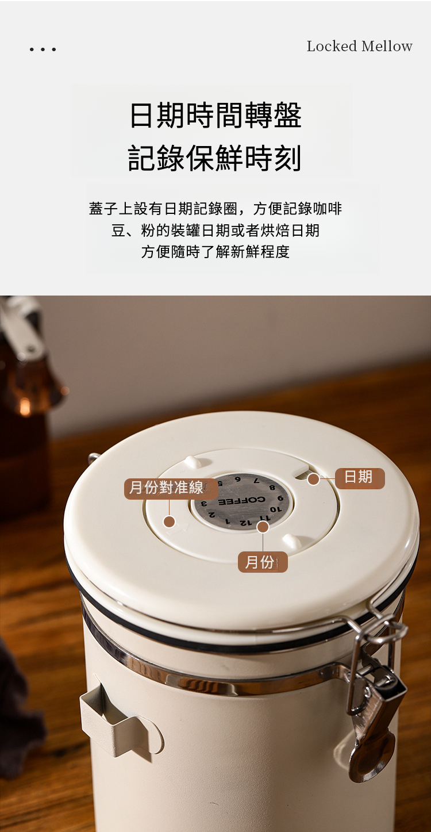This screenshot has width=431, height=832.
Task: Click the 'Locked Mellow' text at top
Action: click(x=359, y=47)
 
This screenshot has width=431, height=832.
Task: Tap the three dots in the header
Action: click(x=43, y=49)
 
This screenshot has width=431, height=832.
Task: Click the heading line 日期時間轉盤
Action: click(x=215, y=115)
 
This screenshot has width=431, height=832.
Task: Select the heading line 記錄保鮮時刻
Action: click(x=214, y=158)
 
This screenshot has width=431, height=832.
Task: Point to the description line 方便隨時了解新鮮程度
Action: click(x=215, y=251)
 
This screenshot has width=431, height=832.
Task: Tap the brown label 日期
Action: click(x=359, y=478)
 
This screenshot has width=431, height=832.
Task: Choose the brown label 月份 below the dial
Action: click(x=263, y=562)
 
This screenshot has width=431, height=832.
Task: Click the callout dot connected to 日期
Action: click(x=314, y=479)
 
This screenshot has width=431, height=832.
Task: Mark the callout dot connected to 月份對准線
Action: click(x=170, y=522)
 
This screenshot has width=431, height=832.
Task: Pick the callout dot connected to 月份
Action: click(x=263, y=527)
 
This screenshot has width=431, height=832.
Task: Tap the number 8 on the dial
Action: click(x=272, y=488)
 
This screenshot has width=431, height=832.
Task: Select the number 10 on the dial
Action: click(x=276, y=509)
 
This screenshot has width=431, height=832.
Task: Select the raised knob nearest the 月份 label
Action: click(x=292, y=541)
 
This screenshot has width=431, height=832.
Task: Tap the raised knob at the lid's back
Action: click(x=193, y=462)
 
